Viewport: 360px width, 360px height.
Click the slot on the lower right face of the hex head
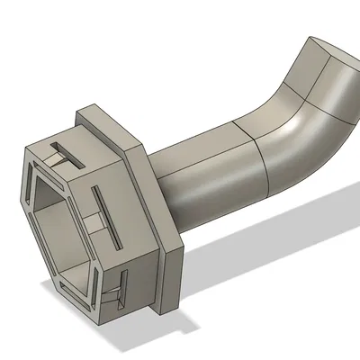[x=123, y=290]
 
